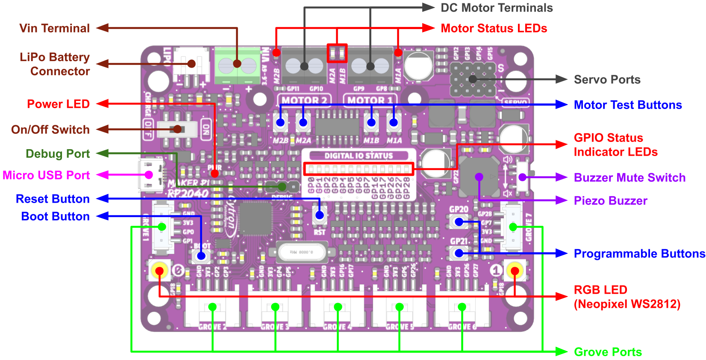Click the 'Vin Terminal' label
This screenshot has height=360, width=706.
54,28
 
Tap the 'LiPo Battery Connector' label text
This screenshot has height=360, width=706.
55,64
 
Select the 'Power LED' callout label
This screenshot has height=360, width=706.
58,104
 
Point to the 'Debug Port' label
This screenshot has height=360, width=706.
58,153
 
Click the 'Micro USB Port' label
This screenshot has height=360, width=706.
46,175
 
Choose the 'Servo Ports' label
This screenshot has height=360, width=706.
607,80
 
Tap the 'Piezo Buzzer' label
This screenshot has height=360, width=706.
610,201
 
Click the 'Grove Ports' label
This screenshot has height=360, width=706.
608,352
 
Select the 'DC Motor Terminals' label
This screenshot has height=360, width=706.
497,8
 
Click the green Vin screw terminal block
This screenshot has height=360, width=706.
237,65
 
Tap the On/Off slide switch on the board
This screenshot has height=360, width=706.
177,129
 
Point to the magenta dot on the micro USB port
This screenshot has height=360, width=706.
149,174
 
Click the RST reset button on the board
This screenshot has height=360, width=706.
319,215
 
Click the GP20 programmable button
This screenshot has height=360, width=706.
459,221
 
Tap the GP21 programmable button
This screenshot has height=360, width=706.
459,253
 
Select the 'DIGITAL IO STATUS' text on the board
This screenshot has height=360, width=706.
358,156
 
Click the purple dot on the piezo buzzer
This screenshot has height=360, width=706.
479,177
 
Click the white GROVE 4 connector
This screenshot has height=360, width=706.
338,310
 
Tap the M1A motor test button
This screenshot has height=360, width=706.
394,123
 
